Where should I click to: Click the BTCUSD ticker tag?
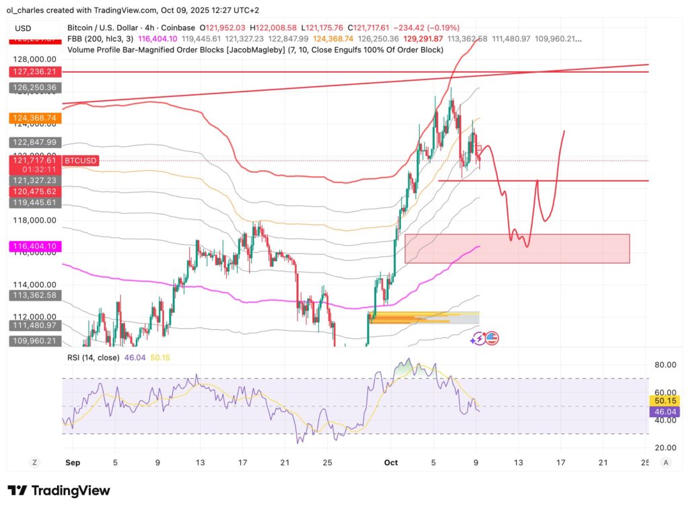click(81, 160)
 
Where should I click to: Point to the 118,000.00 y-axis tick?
click(33, 220)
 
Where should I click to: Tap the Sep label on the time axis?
click(73, 463)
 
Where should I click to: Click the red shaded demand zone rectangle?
click(517, 248)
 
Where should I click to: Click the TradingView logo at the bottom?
click(59, 490)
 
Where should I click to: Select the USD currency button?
click(24, 28)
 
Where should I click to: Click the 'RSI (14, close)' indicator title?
click(93, 357)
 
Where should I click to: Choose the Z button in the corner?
click(33, 462)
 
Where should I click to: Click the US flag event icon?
click(491, 338)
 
